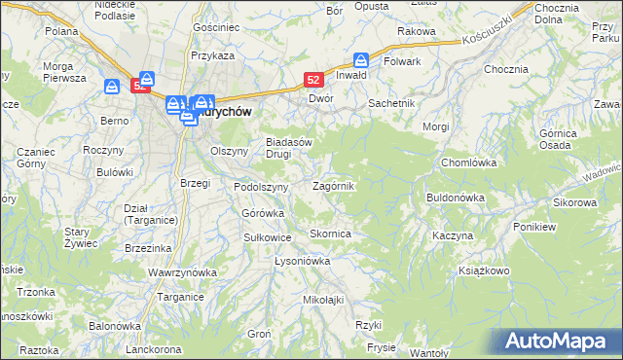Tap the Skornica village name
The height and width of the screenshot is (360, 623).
[x=330, y=234]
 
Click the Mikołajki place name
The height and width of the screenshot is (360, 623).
[x=325, y=300]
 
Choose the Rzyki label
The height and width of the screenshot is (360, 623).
[x=367, y=325]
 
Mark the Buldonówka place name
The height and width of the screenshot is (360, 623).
[x=455, y=198]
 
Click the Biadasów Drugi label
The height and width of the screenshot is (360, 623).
[x=289, y=147]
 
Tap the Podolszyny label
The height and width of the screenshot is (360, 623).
[x=261, y=187]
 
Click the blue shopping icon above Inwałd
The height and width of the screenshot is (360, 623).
[x=361, y=58]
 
